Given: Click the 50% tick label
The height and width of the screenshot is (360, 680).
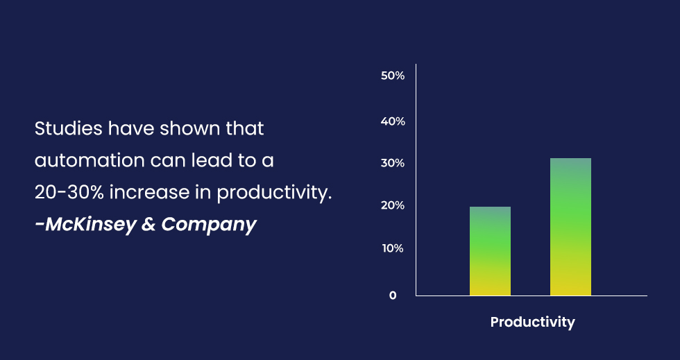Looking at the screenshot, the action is [393, 76].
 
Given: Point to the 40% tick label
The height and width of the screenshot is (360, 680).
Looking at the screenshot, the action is [393, 121].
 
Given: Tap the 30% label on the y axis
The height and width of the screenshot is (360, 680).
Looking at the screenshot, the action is [393, 163].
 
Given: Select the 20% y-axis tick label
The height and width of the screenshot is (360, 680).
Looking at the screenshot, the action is [393, 205].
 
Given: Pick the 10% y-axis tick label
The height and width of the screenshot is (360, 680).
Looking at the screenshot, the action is [393, 248].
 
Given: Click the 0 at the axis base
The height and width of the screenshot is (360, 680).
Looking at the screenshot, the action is [393, 295].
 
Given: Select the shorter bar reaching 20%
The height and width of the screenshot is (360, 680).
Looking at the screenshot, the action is [490, 251].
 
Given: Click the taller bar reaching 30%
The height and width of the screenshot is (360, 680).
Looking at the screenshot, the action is [570, 227].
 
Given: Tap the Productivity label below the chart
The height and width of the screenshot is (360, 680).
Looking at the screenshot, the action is [533, 323].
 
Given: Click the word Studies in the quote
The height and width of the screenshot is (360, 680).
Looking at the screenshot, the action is [69, 129].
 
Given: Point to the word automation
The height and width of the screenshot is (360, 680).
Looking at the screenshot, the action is [90, 161].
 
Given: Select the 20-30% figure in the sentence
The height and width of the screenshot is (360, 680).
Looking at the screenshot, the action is [69, 193].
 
